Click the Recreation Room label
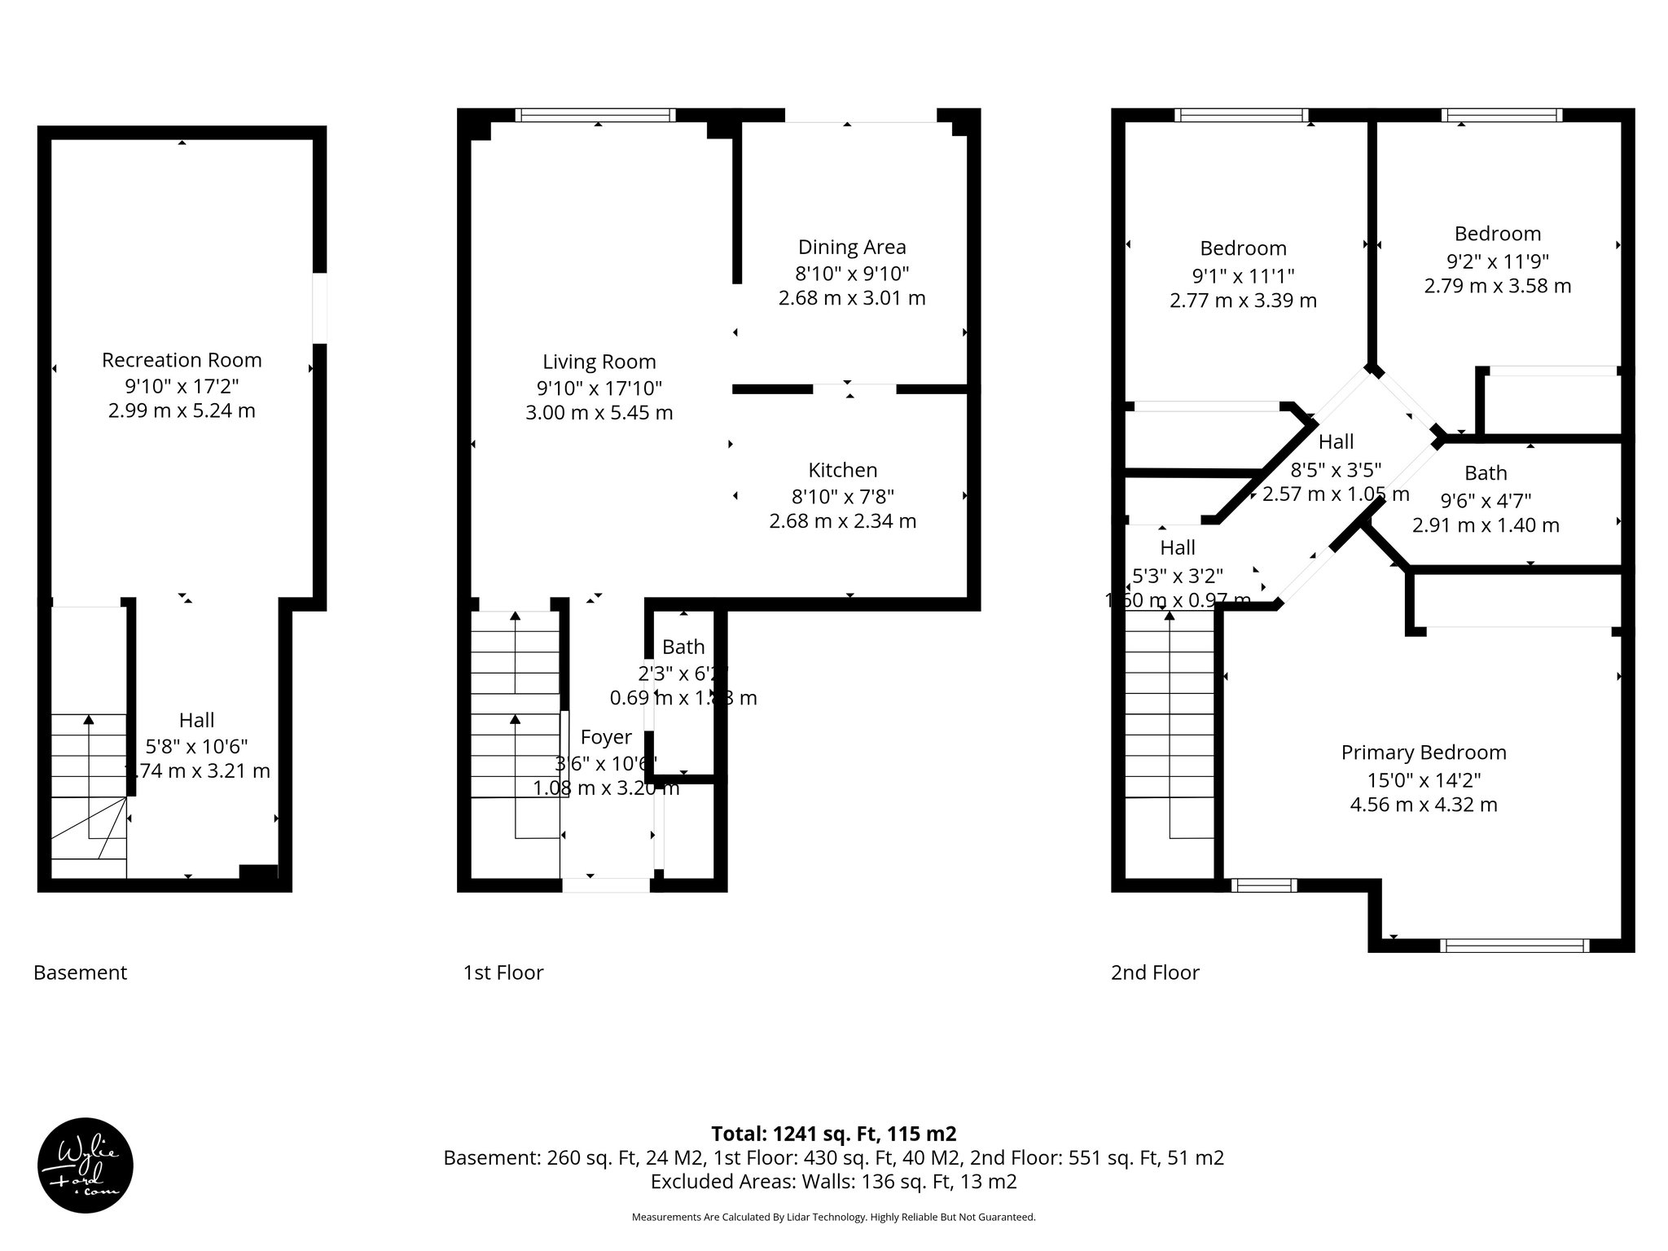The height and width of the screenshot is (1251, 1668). pos(182,360)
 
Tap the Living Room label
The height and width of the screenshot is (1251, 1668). pos(599,362)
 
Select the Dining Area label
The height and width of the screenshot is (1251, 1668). pos(851,247)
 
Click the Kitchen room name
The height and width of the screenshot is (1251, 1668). pos(842,470)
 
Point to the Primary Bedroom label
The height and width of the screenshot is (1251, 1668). pos(1423,753)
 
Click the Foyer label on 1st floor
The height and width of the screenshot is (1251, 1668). pos(605,737)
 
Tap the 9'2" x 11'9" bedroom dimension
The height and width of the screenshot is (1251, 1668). pos(1497,261)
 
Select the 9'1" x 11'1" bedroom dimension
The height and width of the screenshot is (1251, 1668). pos(1243,275)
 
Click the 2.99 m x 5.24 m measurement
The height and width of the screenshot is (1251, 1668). pos(182,411)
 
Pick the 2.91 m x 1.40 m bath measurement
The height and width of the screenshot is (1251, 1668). pos(1485,526)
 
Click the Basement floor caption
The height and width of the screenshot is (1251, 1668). pos(80,972)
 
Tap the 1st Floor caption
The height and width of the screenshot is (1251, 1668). pos(503,972)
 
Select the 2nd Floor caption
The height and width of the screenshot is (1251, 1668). pos(1154,972)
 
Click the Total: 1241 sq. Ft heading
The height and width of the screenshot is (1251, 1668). pos(833,1134)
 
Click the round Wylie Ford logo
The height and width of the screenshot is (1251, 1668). pos(86,1165)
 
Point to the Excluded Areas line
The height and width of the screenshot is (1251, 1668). pos(833,1182)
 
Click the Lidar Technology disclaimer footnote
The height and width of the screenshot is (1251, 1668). pos(833,1218)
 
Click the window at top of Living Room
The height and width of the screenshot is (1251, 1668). pos(597,115)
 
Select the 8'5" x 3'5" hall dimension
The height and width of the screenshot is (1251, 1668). pos(1336,469)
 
